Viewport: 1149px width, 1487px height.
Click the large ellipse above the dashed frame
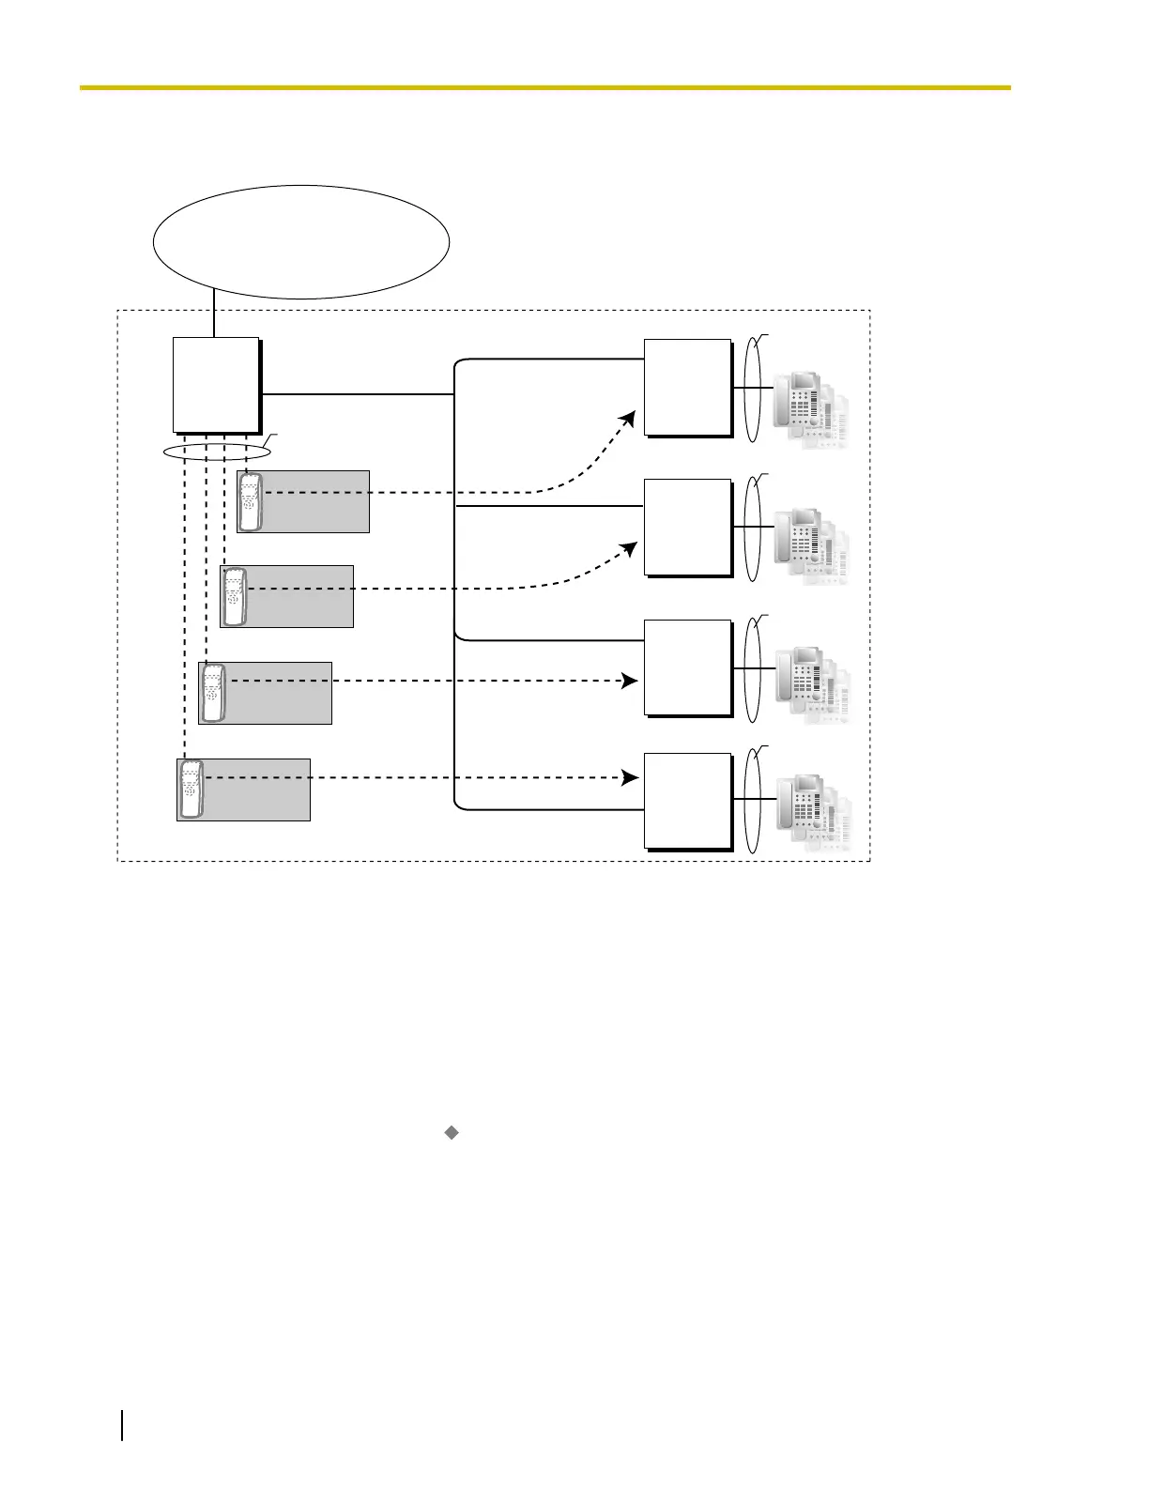coord(300,242)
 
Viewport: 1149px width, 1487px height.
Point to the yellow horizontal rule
coord(544,87)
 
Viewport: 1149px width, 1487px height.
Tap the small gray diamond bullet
coord(451,1133)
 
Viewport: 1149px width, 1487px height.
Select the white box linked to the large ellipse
coord(216,384)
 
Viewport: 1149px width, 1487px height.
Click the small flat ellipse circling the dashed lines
coord(217,452)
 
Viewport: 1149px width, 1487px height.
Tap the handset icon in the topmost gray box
coord(250,502)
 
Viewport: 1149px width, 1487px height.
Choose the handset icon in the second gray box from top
coord(234,597)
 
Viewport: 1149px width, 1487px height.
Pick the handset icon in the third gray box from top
coord(213,693)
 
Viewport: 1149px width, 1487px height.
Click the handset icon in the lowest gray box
coord(191,789)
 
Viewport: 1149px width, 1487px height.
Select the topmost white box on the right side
coord(687,387)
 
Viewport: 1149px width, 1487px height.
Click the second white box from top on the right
coord(687,527)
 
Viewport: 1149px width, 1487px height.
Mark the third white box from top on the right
coord(687,667)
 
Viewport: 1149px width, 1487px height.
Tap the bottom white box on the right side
coord(687,800)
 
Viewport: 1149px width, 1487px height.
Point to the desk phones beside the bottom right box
coord(813,811)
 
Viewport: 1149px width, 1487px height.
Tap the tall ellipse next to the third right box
coord(752,669)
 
